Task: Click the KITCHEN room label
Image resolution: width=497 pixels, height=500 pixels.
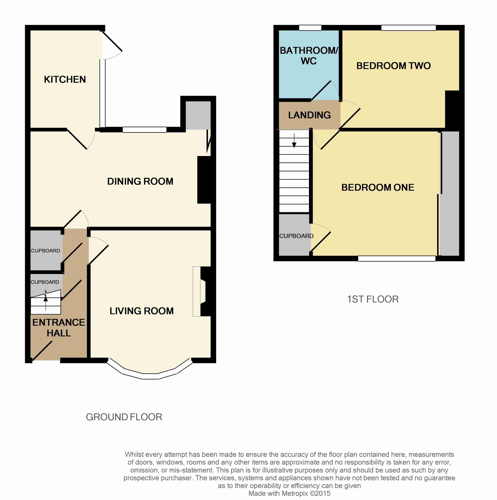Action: (65, 79)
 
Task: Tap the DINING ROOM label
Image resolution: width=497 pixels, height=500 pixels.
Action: (140, 181)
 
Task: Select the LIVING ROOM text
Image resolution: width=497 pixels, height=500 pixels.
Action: (141, 311)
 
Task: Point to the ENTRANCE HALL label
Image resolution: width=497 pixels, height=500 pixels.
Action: (59, 328)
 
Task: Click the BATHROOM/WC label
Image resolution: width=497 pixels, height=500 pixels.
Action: (309, 56)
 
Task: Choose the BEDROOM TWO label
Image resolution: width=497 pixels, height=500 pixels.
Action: (393, 66)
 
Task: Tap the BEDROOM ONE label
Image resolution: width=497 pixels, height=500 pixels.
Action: (378, 187)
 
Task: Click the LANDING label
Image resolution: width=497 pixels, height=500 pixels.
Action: (309, 115)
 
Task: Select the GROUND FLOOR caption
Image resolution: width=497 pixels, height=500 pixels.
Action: (124, 417)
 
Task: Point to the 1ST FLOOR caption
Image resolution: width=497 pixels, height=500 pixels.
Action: (373, 299)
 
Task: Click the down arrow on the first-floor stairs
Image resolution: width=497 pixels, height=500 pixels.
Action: (294, 140)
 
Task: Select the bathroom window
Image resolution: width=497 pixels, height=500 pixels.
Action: (310, 28)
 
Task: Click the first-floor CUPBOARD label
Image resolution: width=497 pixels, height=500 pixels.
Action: (296, 236)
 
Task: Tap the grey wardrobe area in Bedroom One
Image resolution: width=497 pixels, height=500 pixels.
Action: (450, 193)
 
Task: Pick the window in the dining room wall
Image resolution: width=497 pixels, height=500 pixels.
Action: (144, 130)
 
